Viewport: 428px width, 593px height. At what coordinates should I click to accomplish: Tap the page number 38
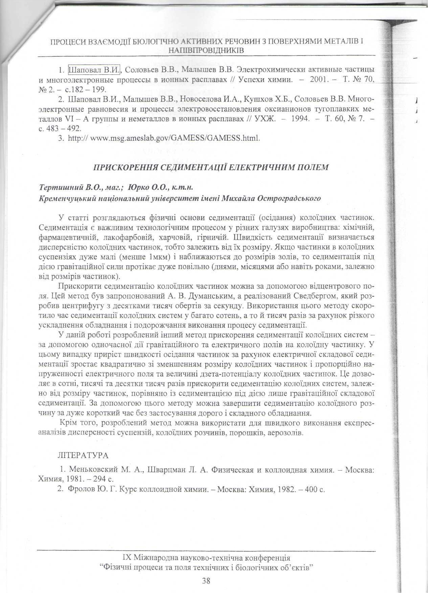[x=206, y=581]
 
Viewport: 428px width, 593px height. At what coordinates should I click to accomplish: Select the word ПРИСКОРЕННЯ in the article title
[x=124, y=168]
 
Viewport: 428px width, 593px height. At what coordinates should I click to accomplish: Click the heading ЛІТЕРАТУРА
[x=83, y=455]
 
